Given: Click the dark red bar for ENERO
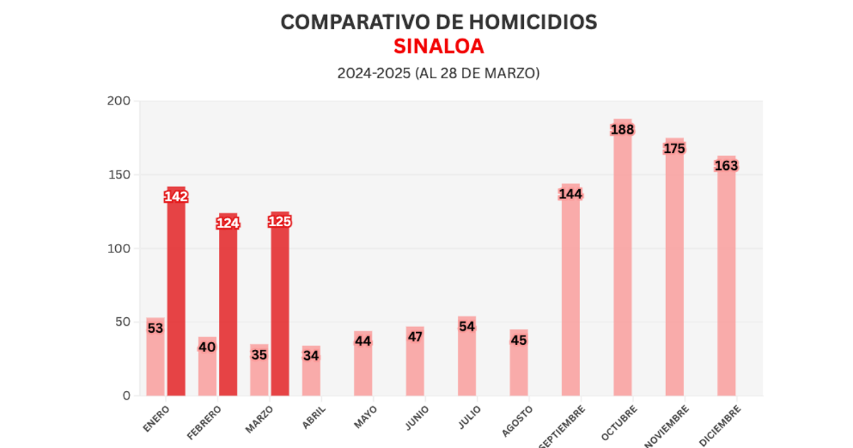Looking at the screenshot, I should coord(176,299).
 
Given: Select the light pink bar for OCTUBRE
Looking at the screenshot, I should coord(622,270).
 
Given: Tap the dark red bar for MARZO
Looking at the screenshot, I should coord(280,313).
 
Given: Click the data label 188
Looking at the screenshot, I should coord(622,129).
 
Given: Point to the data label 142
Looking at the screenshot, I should coord(176,197).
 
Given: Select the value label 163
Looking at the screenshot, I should coord(726,166).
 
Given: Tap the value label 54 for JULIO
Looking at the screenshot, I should coord(467,326).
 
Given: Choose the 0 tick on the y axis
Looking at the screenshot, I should coord(126,395).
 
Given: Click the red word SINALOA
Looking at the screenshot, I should coord(439,46).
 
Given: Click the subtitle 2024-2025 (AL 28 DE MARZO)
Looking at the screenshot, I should coord(439,73).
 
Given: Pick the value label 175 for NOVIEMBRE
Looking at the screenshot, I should coord(674,149).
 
